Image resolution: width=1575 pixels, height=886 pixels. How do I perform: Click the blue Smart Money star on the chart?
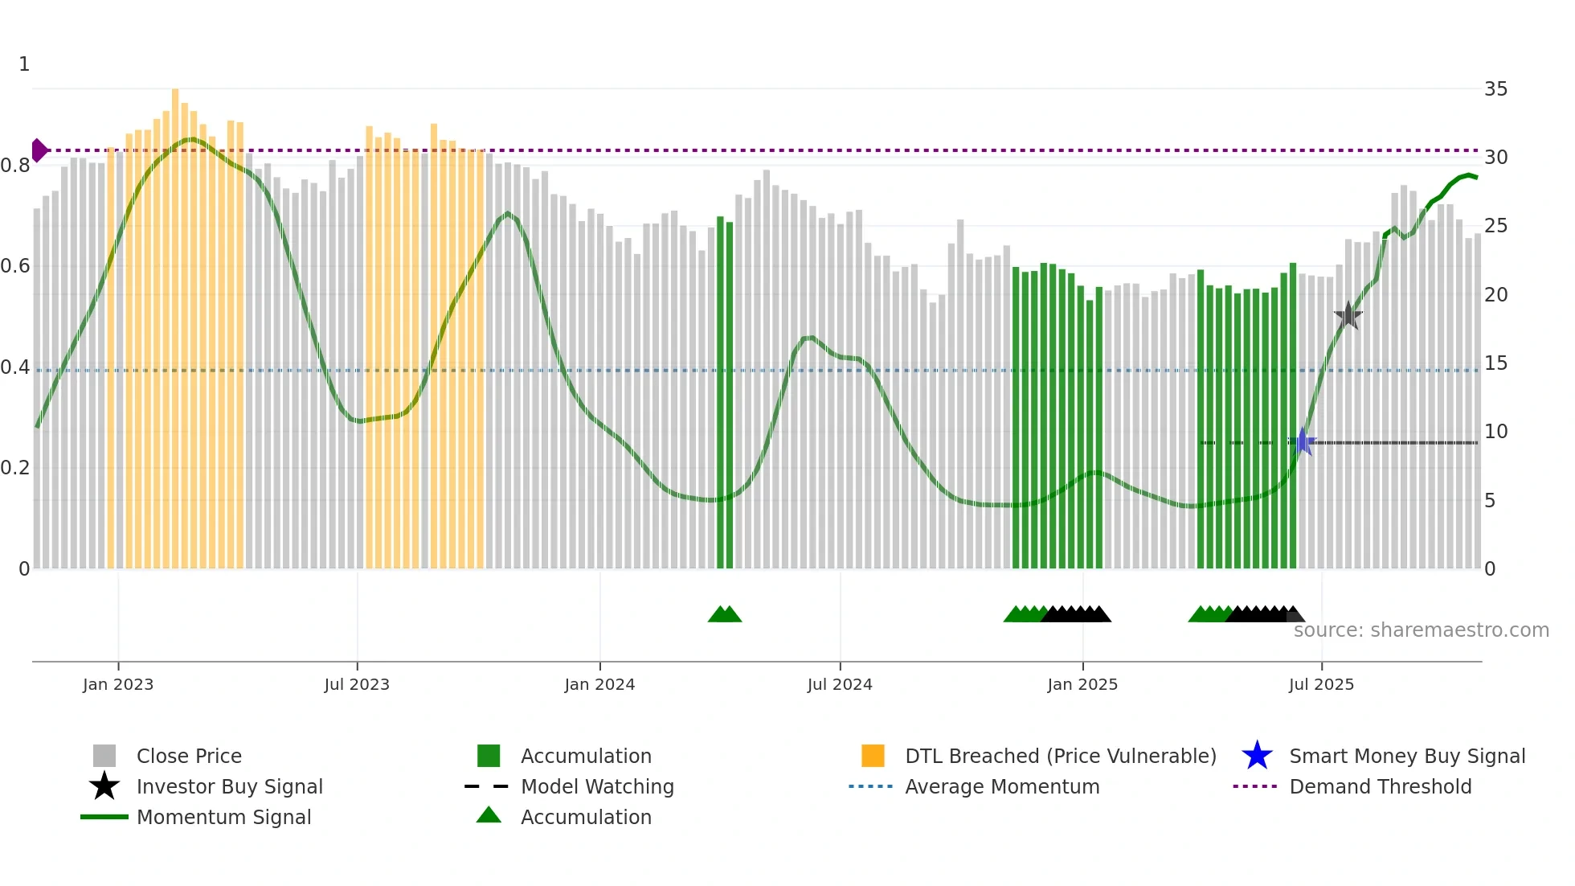pos(1303,441)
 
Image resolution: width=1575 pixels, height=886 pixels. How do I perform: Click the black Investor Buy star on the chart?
pos(1348,315)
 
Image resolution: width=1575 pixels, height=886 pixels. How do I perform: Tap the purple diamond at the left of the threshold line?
pos(39,150)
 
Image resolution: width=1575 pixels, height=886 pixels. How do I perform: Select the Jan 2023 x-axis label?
pos(118,684)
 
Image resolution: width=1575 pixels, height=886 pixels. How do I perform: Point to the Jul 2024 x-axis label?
pos(840,684)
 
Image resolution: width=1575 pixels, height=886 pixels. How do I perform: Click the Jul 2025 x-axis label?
pos(1321,684)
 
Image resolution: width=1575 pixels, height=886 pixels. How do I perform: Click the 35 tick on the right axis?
pos(1495,89)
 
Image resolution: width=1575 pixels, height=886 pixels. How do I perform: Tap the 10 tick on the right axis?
pos(1495,432)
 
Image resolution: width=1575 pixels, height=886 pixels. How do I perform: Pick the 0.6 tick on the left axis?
pos(15,266)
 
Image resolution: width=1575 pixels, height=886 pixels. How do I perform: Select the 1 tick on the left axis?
pos(24,64)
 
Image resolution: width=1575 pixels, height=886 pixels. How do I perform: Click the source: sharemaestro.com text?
pos(1421,630)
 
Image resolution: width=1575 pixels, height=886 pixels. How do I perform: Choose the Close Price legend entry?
pos(189,756)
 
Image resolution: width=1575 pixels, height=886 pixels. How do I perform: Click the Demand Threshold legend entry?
pos(1380,786)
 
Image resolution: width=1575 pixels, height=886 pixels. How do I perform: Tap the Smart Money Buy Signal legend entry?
pos(1406,756)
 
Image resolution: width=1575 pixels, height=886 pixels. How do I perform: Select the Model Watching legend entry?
pos(597,786)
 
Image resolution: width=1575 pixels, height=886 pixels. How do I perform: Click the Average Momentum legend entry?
pos(1001,786)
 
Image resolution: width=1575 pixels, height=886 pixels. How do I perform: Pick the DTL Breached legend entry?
pos(1060,756)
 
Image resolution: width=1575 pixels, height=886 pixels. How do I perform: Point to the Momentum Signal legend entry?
pos(223,817)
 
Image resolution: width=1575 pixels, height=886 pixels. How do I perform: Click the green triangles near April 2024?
pos(725,614)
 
